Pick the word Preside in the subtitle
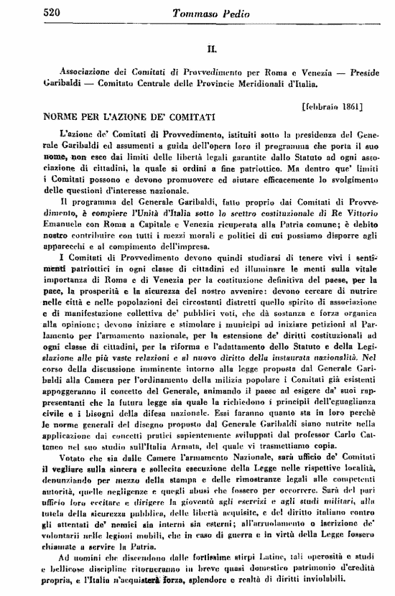(357, 75)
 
